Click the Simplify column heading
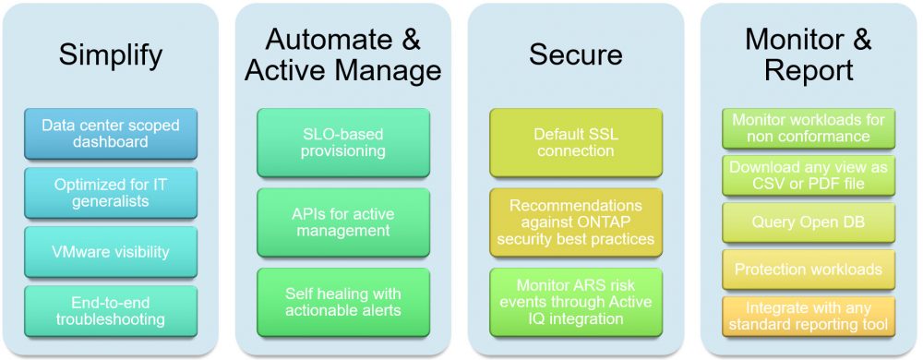[111, 55]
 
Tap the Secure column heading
[576, 54]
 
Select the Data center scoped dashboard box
[111, 134]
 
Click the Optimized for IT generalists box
[111, 192]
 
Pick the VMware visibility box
[111, 252]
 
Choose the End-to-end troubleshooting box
[111, 311]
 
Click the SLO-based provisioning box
[343, 142]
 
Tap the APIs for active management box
[343, 222]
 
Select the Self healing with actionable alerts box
[343, 303]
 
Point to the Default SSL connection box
[576, 142]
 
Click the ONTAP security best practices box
[576, 222]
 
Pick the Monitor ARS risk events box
[576, 303]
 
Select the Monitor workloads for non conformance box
[809, 128]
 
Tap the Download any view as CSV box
[809, 175]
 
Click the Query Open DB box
[809, 222]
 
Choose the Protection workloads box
[809, 270]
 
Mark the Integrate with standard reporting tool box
[809, 317]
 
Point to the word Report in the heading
[809, 70]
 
